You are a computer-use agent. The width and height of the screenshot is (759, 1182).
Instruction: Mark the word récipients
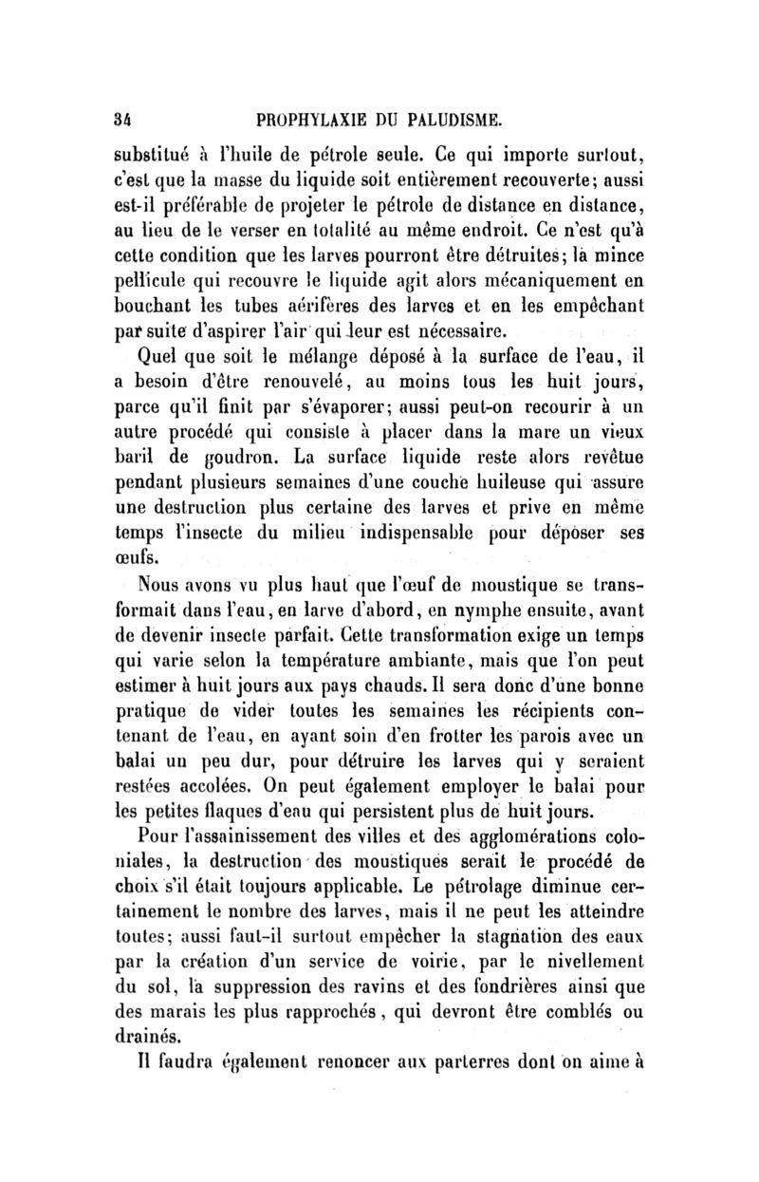(x=553, y=718)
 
